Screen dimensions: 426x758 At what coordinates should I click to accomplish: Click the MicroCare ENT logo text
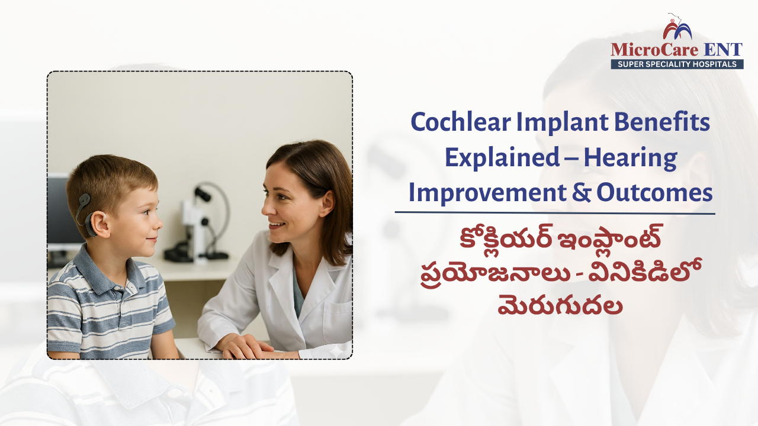pos(676,49)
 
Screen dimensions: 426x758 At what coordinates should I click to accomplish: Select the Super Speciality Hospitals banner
pos(677,64)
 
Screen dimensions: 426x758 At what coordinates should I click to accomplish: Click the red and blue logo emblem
pos(676,28)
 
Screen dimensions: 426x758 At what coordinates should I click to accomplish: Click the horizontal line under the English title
pos(555,213)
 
